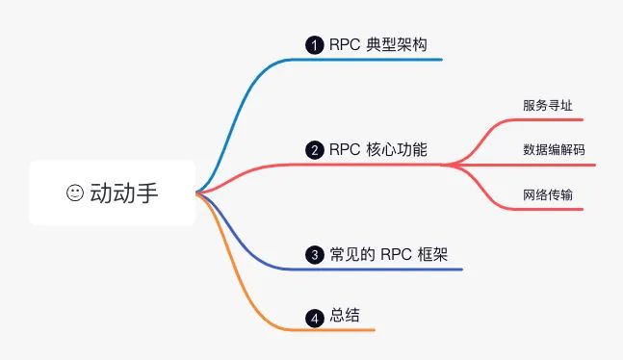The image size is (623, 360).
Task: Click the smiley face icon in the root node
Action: pos(75,193)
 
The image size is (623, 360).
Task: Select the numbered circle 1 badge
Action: pos(313,44)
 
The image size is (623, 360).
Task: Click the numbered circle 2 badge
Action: pos(314,150)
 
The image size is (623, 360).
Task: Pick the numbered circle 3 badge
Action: pos(314,255)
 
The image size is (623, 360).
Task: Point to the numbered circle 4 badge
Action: pos(314,317)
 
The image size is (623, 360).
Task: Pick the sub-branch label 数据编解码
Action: pos(554,150)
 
